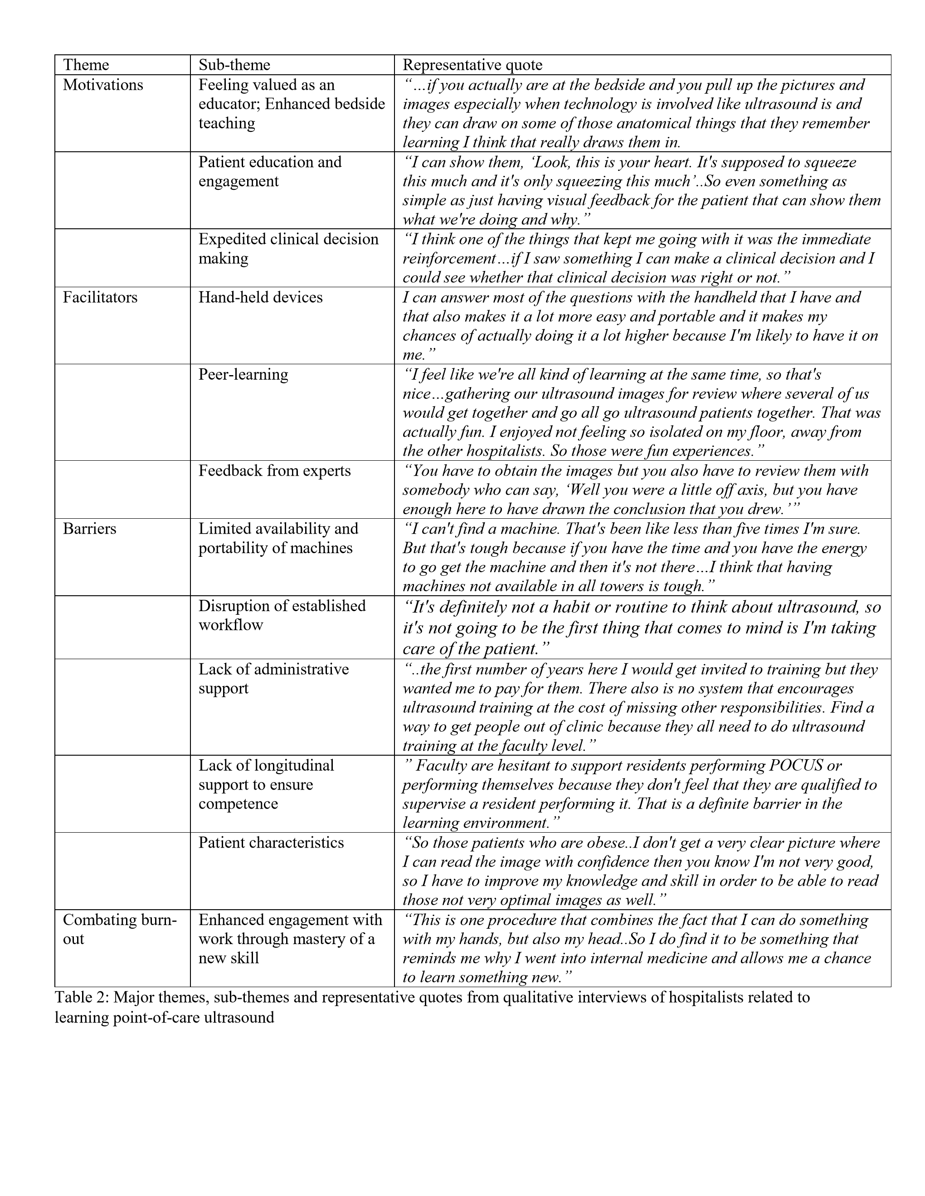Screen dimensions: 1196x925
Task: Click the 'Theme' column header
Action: (86, 65)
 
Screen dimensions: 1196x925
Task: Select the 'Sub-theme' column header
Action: (234, 65)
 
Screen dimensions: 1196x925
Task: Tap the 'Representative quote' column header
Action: (472, 65)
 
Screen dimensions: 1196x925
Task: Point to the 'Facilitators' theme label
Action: (100, 297)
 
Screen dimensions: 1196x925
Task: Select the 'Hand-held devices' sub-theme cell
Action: (260, 297)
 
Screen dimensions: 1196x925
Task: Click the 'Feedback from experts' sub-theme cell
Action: (274, 471)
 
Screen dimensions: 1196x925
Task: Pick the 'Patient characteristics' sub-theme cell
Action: (271, 842)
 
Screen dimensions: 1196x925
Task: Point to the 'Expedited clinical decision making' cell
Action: (288, 249)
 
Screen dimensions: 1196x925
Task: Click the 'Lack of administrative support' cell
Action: (273, 679)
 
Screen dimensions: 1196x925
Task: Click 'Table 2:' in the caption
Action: (82, 997)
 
